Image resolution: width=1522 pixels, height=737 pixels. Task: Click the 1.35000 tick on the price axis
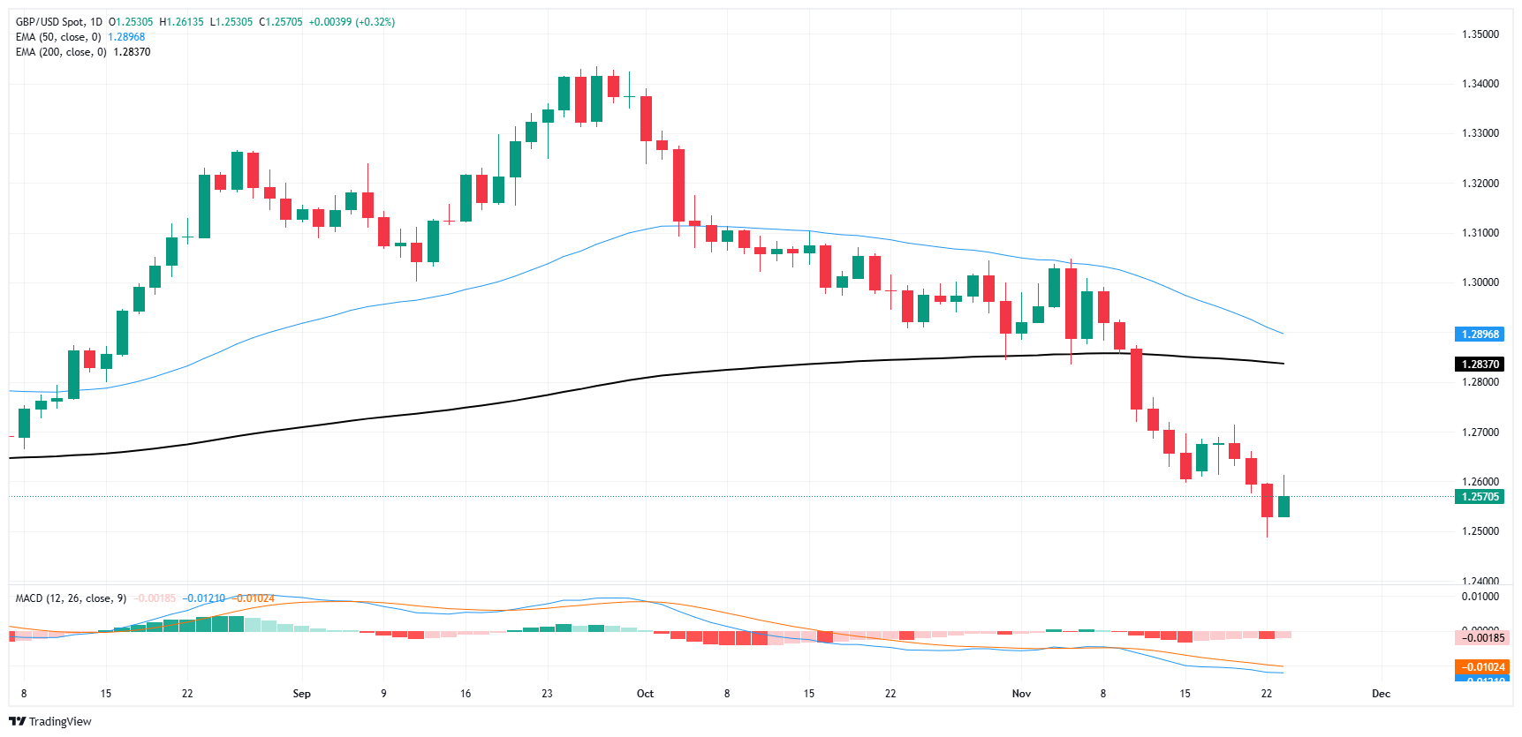pyautogui.click(x=1480, y=34)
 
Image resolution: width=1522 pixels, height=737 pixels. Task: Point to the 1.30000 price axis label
pyautogui.click(x=1480, y=282)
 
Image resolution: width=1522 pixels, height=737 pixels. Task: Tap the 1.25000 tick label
pyautogui.click(x=1480, y=531)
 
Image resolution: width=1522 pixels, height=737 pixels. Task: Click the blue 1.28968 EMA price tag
pyautogui.click(x=1480, y=335)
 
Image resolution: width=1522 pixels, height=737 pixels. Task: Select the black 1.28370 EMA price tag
pyautogui.click(x=1480, y=365)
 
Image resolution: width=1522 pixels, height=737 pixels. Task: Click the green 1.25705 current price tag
pyautogui.click(x=1480, y=497)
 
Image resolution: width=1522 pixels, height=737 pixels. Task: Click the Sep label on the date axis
pyautogui.click(x=301, y=694)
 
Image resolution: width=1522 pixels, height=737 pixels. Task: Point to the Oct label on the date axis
pyautogui.click(x=645, y=694)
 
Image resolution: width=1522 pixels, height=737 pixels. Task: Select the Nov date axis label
pyautogui.click(x=1021, y=694)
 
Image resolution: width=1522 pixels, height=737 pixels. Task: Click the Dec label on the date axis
pyautogui.click(x=1381, y=694)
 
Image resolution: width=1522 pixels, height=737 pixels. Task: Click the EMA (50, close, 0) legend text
pyautogui.click(x=58, y=37)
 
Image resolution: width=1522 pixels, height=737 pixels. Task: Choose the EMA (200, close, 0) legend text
pyautogui.click(x=61, y=52)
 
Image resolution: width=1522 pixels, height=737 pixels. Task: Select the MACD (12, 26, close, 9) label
pyautogui.click(x=71, y=598)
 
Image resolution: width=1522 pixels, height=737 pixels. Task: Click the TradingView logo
pyautogui.click(x=50, y=721)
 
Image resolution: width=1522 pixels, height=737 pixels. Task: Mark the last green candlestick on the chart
pyautogui.click(x=1283, y=506)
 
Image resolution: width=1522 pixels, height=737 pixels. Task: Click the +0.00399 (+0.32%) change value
pyautogui.click(x=352, y=22)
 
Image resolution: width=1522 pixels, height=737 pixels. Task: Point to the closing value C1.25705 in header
pyautogui.click(x=281, y=22)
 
